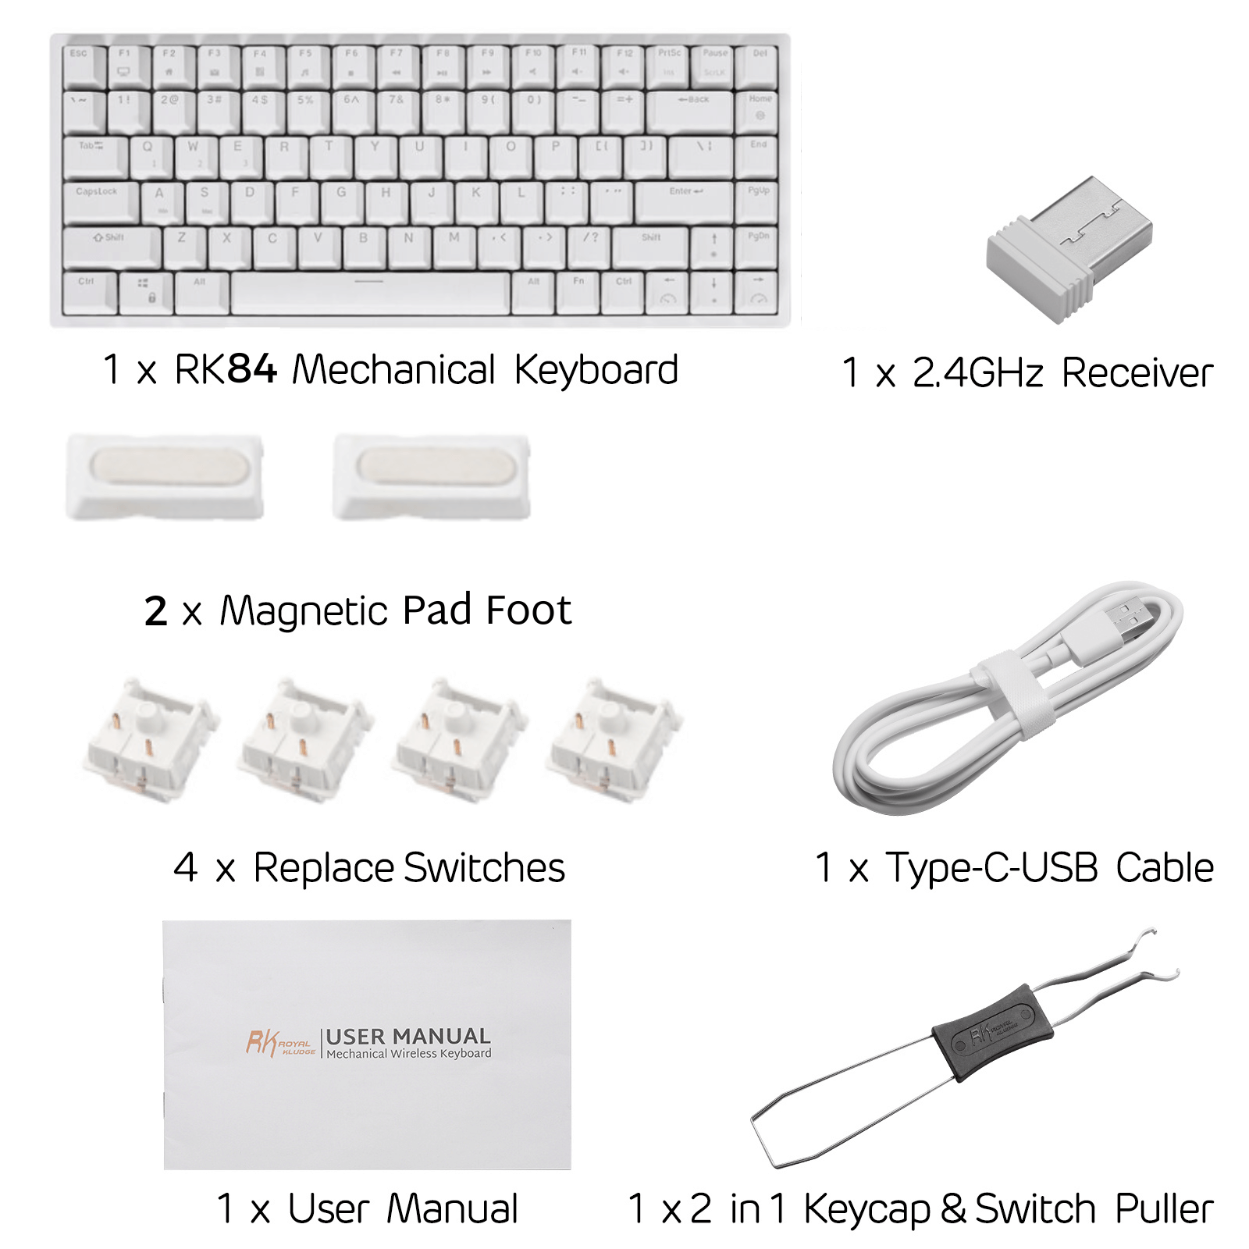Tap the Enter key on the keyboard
[685, 201]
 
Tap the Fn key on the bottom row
[578, 291]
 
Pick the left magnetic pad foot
[165, 477]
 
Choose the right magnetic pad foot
[432, 477]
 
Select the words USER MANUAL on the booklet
[408, 1037]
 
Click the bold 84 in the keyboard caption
[251, 369]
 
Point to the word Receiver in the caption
[1137, 373]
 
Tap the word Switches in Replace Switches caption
[484, 868]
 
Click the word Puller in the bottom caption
[1164, 1209]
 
